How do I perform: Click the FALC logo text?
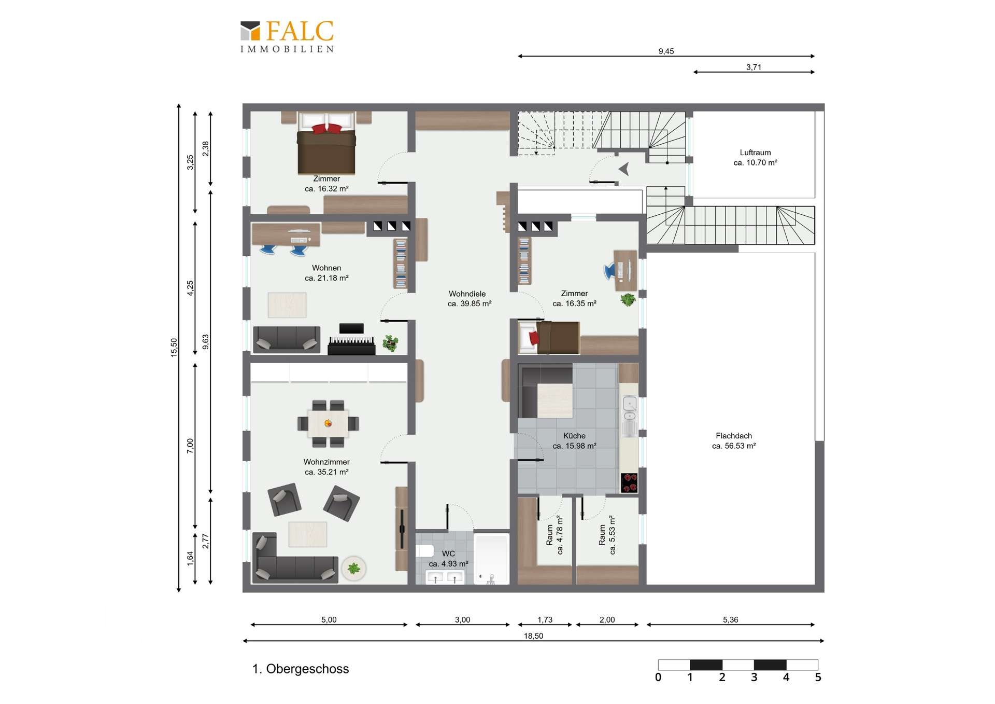300,31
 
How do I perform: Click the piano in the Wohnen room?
351,346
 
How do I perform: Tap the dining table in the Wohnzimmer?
328,423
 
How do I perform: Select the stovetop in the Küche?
629,482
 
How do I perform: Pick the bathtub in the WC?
492,559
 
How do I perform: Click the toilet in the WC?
424,550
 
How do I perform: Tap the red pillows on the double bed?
327,128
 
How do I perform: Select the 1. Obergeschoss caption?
301,669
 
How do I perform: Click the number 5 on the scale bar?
818,678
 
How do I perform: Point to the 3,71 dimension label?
754,67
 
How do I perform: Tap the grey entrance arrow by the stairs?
624,169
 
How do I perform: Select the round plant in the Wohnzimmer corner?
354,569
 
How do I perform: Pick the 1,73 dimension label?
545,620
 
